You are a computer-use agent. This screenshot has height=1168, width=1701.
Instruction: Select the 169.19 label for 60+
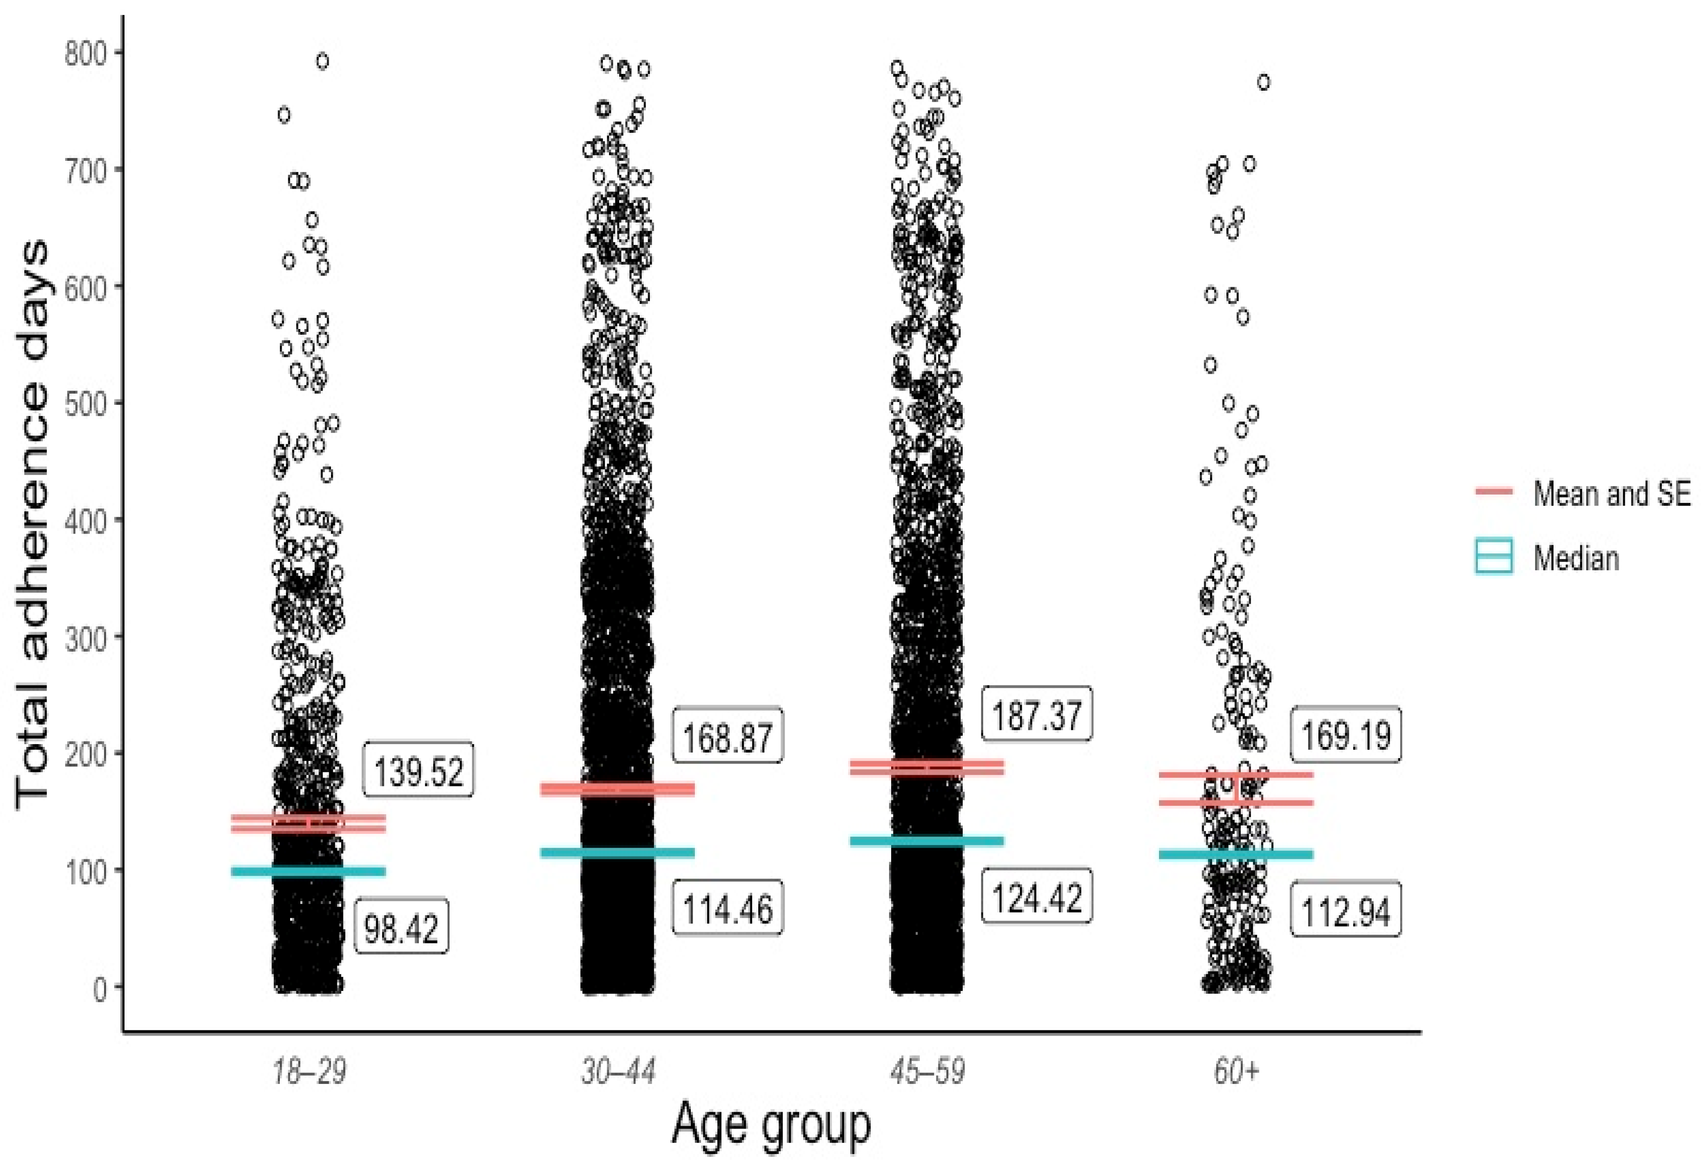tap(1345, 735)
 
